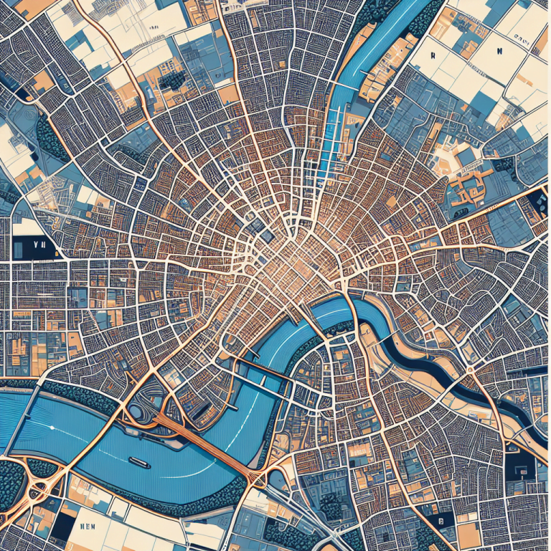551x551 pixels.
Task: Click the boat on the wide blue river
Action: [139, 463]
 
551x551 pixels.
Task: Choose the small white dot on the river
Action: [52, 428]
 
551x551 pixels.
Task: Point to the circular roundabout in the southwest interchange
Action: [39, 489]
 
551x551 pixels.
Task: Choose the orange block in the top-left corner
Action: [29, 7]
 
